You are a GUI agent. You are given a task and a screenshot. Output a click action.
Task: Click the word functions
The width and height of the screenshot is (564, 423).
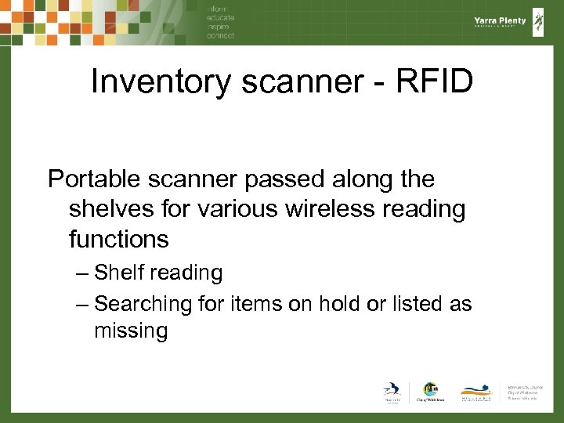[118, 237]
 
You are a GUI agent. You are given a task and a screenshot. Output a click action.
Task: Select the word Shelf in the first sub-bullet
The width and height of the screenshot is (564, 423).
[119, 273]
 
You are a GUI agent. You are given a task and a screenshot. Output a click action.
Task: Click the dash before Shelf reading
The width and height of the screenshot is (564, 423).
[83, 273]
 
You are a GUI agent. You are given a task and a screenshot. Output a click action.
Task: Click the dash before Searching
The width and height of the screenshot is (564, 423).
[83, 303]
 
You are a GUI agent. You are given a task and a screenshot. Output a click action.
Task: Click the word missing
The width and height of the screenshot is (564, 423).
[131, 331]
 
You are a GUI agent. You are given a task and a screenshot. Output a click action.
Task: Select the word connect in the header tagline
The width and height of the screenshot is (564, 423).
[220, 36]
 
